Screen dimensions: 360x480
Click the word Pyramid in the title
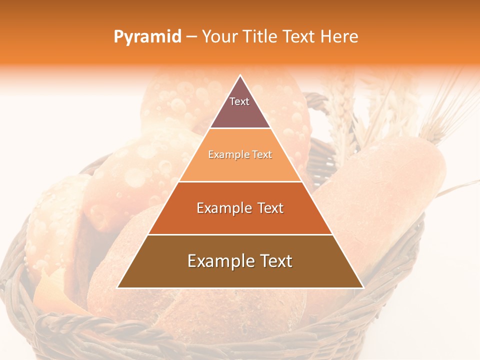coord(147,37)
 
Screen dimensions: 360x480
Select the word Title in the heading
coord(260,37)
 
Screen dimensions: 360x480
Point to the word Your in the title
coord(219,37)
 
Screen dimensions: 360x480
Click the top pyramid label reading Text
coord(239,102)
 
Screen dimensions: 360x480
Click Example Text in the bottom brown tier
coord(240,261)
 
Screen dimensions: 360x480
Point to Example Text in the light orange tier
coord(240,155)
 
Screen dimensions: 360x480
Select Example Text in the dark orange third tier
coord(240,208)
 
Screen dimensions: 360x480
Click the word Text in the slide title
coord(299,37)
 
